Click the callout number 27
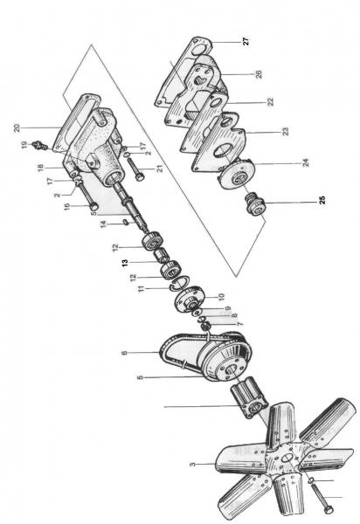pos(246,42)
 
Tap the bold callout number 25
pos(322,200)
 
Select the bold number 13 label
pos(125,262)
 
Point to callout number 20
pos(17,128)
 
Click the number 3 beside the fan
pos(192,465)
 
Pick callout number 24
pos(305,162)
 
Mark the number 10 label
pos(220,297)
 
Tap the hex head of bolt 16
pos(94,205)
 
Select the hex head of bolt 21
pos(141,176)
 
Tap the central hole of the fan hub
pos(286,458)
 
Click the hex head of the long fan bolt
pos(328,510)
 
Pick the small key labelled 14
pos(125,222)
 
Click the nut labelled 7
pos(206,325)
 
